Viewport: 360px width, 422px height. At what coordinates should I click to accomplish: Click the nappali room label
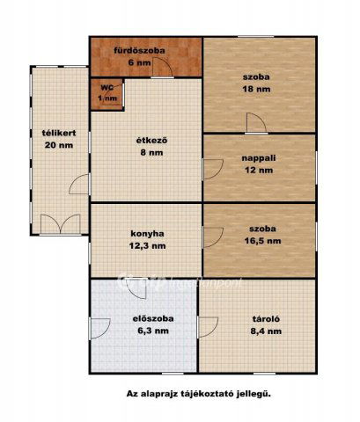click(260, 159)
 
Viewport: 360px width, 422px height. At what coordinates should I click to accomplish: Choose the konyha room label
click(144, 233)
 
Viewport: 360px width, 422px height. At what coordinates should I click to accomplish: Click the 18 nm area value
click(258, 89)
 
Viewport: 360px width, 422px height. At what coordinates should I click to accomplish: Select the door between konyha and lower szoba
click(211, 236)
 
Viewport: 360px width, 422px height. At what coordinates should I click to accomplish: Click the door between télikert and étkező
click(82, 186)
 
